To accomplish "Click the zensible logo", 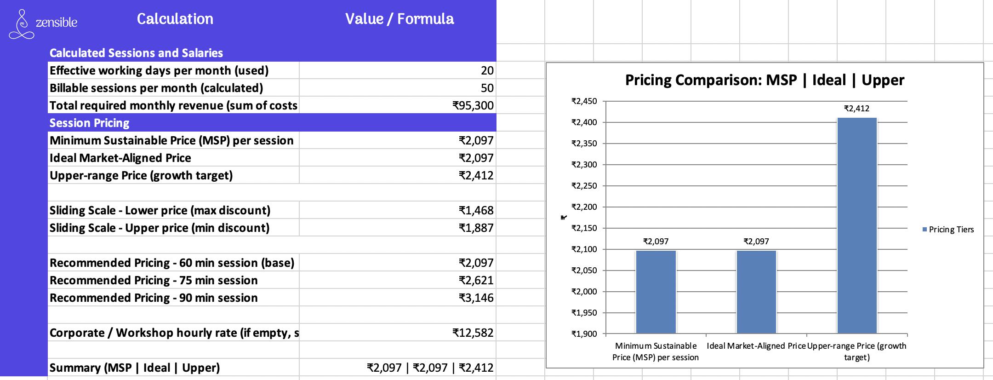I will coord(43,23).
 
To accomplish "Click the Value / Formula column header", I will coord(399,19).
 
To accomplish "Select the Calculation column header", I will coord(175,19).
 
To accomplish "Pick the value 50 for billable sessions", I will coord(487,88).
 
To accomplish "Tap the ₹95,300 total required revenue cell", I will coord(473,105).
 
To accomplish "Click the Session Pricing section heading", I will coord(89,123).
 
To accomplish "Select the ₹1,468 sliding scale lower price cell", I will coord(476,210).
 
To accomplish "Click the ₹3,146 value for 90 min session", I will coord(476,298).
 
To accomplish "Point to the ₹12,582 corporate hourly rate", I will coord(473,333).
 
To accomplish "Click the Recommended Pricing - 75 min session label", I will coord(154,280).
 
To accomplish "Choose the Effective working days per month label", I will coord(159,70).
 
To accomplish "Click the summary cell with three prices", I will coord(429,368).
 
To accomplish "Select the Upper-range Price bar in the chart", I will coord(857,225).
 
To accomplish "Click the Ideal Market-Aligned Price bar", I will coord(756,292).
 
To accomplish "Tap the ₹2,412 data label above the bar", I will coord(856,109).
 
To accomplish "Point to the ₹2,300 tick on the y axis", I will coord(584,165).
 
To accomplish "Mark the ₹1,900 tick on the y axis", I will coord(584,334).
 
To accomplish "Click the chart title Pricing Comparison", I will coord(764,80).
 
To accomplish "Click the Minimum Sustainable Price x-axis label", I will coord(656,351).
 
